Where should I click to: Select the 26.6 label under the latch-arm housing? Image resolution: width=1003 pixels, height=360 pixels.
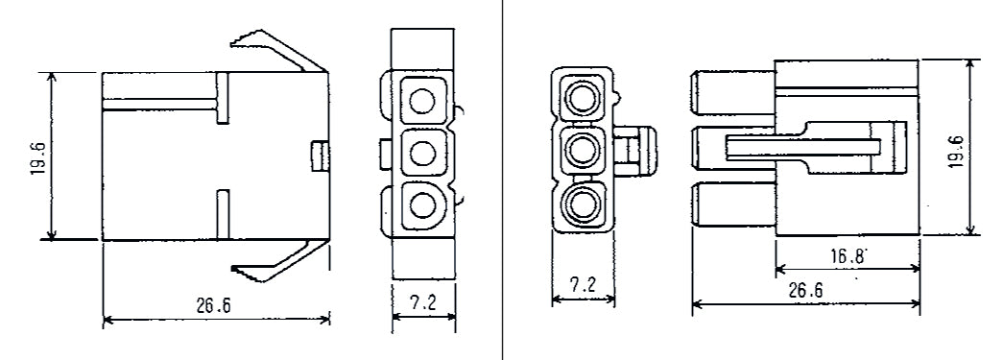(x=215, y=305)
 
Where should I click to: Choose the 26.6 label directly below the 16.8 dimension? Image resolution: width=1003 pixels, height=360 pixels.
(x=804, y=290)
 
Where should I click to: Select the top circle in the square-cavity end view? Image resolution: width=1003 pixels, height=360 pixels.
(x=420, y=98)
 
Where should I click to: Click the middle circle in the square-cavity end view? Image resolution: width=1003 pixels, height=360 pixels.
(x=420, y=151)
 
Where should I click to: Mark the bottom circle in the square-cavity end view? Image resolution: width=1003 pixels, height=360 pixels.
(x=420, y=204)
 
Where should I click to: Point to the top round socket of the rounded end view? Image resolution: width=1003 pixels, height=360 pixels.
(x=582, y=97)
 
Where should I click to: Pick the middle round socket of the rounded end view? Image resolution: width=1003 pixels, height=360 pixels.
(x=582, y=149)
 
